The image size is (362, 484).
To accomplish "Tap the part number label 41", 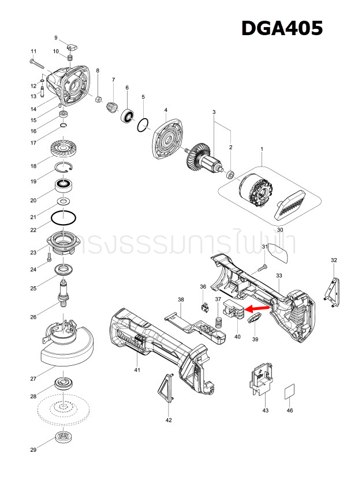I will coord(137,369).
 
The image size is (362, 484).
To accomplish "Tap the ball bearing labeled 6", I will coord(127,115).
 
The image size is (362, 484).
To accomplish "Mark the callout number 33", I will coord(279,276).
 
